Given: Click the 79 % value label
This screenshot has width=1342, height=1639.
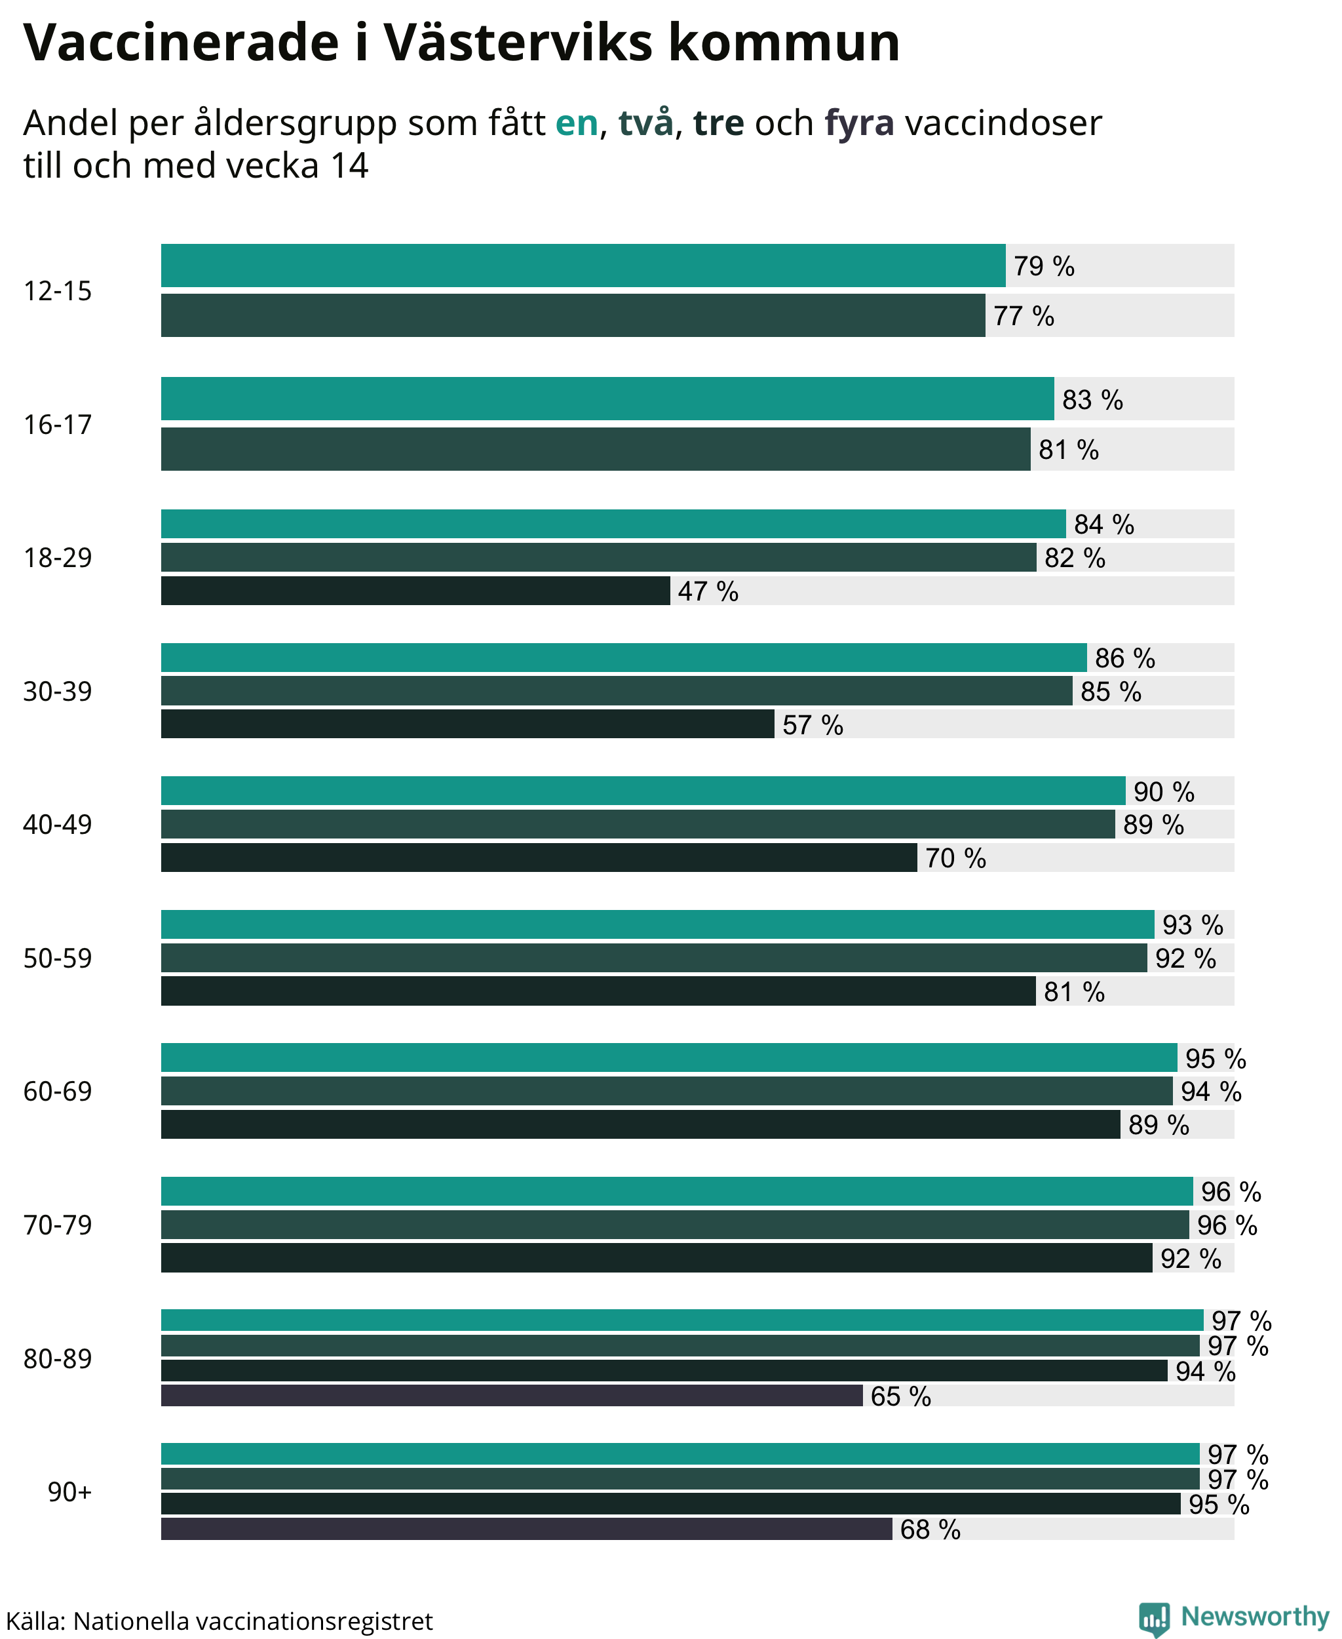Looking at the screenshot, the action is [x=1044, y=266].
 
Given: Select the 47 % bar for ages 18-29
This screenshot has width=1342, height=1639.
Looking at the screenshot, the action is [x=415, y=590].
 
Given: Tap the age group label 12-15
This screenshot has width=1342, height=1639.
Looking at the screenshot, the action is [x=57, y=291].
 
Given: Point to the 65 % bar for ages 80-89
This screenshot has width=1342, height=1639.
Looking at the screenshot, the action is [x=512, y=1395].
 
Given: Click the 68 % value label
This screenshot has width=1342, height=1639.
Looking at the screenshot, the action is [x=930, y=1529].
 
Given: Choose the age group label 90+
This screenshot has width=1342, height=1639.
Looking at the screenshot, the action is [x=69, y=1491].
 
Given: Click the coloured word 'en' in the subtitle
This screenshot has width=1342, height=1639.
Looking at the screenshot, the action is [x=577, y=123].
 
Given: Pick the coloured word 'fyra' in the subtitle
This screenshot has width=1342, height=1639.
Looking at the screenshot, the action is [x=859, y=124].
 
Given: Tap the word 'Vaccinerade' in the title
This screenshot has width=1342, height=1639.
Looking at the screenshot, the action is [x=181, y=42].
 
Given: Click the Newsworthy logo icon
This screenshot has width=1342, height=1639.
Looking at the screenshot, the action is [x=1154, y=1619].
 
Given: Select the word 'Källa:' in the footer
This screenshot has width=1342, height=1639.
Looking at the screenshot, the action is [x=35, y=1621].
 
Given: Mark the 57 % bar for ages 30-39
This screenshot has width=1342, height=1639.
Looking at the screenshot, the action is [x=468, y=723].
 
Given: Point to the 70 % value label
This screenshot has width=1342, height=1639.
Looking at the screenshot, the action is [x=955, y=858].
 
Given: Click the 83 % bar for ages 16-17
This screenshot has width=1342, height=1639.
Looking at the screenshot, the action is [x=607, y=399].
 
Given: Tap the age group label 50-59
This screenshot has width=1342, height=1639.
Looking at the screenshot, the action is [x=57, y=958].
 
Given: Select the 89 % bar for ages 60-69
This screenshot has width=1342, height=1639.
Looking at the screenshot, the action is [x=641, y=1124].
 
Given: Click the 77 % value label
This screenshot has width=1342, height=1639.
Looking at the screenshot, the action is [x=1024, y=315].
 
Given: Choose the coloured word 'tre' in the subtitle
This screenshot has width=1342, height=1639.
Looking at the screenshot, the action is [x=719, y=123].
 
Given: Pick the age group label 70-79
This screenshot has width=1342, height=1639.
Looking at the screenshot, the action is [x=57, y=1225].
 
